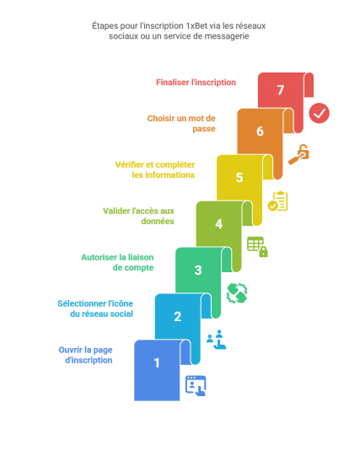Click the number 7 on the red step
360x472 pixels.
pyautogui.click(x=281, y=89)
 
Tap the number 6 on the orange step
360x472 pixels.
pyautogui.click(x=260, y=131)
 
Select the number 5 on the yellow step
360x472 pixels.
pyautogui.click(x=239, y=178)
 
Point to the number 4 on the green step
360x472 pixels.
pyautogui.click(x=219, y=224)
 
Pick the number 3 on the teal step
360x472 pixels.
pyautogui.click(x=198, y=270)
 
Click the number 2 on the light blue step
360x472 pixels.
pyautogui.click(x=178, y=316)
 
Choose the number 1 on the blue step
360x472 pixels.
pyautogui.click(x=157, y=362)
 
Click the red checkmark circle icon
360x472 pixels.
pyautogui.click(x=319, y=113)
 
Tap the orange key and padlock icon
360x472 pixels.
pyautogui.click(x=299, y=154)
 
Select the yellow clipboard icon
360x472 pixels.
pyautogui.click(x=278, y=201)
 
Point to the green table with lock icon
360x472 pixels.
pyautogui.click(x=257, y=247)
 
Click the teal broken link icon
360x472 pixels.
pyautogui.click(x=237, y=293)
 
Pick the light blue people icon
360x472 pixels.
pyautogui.click(x=216, y=340)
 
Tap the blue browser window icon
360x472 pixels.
pyautogui.click(x=196, y=386)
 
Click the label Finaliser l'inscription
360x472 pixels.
pyautogui.click(x=196, y=83)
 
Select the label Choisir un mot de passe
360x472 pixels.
pyautogui.click(x=181, y=123)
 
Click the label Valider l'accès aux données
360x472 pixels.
pyautogui.click(x=138, y=216)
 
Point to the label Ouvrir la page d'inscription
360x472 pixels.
pyautogui.click(x=86, y=355)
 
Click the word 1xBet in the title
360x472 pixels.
pyautogui.click(x=196, y=25)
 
